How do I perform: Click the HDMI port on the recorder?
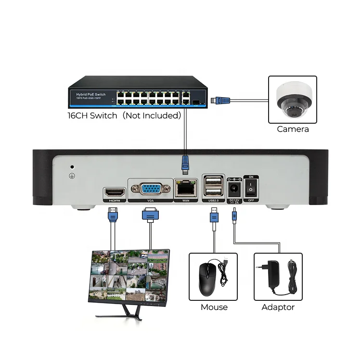coord(115,193)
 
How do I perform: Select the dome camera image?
coord(292,102)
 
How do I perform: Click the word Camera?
coord(293,129)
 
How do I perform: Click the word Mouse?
coord(214,307)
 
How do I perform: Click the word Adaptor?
coord(278,307)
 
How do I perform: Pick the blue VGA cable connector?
coord(150,216)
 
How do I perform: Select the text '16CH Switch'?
coord(92,116)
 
